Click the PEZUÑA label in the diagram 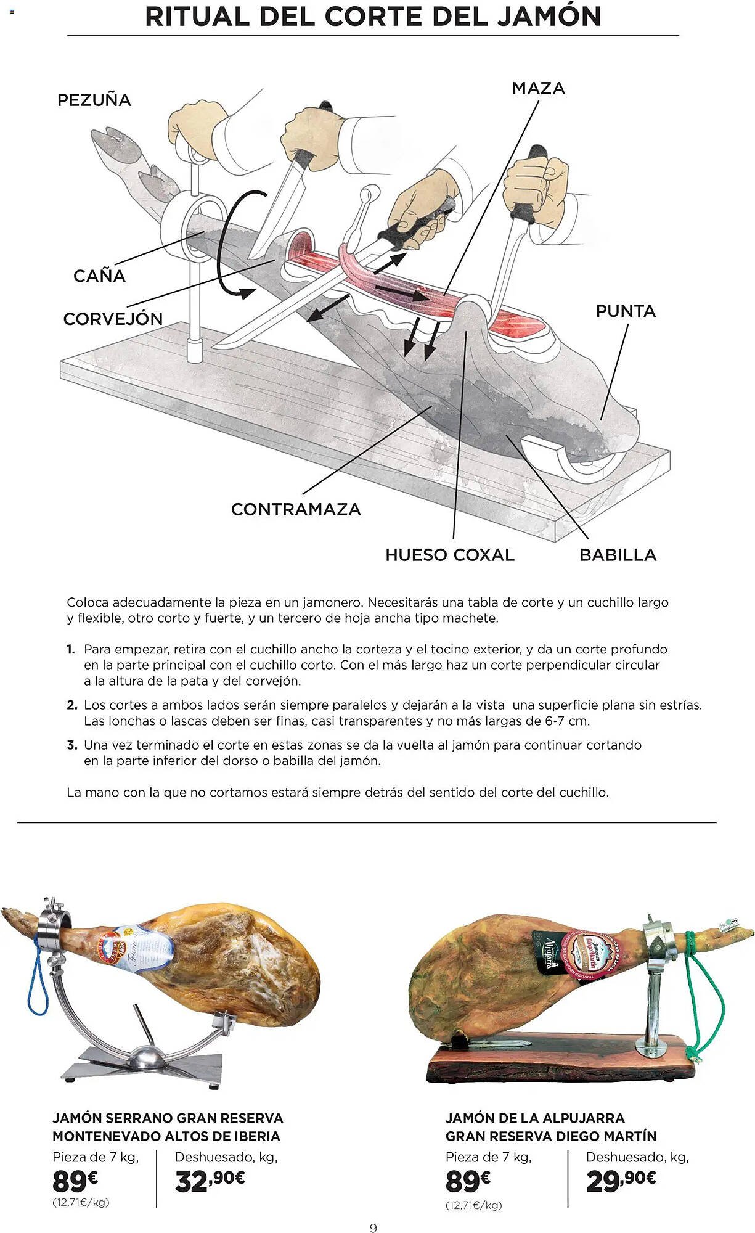point(94,100)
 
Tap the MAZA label point(538,88)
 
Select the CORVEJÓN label point(113,319)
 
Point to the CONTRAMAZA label point(296,509)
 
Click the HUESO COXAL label point(449,555)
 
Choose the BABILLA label point(618,555)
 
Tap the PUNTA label point(625,311)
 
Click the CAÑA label point(99,276)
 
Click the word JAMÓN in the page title point(549,17)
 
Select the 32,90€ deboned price point(210,1181)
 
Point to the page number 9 point(373,1228)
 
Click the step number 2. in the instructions point(72,705)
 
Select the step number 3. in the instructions point(72,745)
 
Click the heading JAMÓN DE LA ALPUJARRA point(535,1118)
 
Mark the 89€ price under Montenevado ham point(75,1182)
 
